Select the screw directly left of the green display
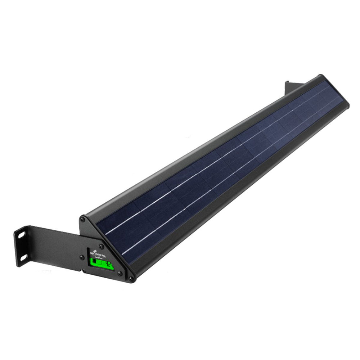pyautogui.click(x=82, y=257)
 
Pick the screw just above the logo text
pyautogui.click(x=102, y=246)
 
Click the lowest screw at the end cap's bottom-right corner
pyautogui.click(x=131, y=279)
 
